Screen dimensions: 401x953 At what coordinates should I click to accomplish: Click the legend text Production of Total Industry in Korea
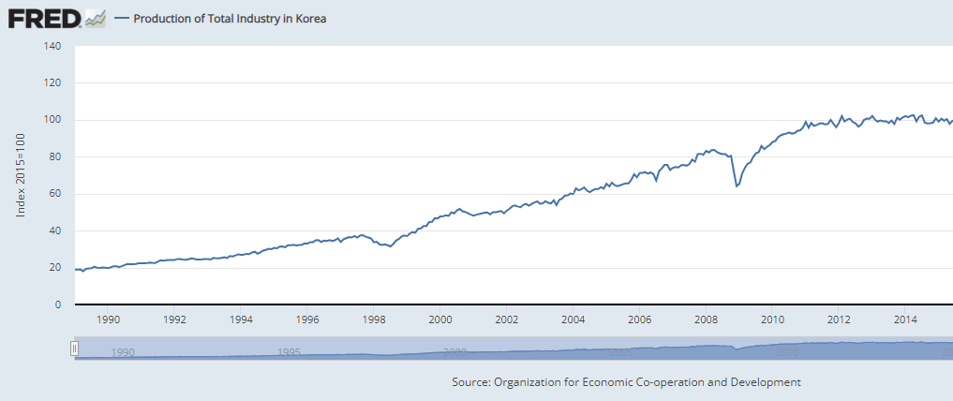click(231, 19)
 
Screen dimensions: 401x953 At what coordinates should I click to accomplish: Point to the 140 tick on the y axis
click(52, 46)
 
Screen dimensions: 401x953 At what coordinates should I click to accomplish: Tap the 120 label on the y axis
click(52, 83)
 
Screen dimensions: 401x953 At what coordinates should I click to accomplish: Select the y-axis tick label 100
click(52, 120)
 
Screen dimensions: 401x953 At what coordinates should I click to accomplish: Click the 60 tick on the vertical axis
click(55, 194)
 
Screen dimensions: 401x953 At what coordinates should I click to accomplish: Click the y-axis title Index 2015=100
click(21, 175)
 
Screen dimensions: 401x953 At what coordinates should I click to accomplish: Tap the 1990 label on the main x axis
click(109, 319)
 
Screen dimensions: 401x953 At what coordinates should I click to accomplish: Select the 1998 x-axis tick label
click(374, 319)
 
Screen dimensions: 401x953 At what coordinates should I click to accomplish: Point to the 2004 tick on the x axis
click(573, 319)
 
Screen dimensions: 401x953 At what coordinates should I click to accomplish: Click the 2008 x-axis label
click(706, 319)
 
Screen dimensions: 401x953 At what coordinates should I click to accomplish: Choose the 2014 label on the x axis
click(905, 319)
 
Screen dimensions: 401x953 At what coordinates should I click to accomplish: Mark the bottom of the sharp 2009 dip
click(737, 186)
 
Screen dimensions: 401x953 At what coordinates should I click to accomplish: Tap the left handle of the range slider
click(75, 349)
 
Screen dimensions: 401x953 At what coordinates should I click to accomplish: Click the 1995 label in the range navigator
click(289, 352)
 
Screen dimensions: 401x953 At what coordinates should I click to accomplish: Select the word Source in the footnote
click(472, 382)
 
